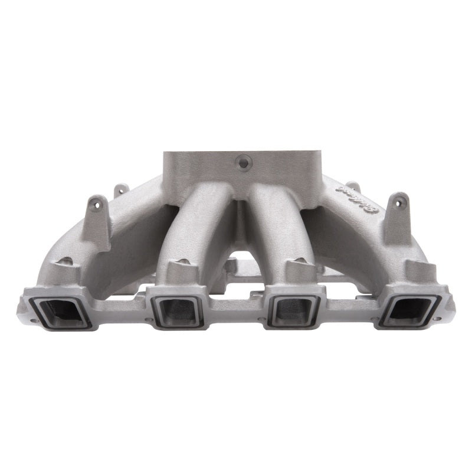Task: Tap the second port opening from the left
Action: pyautogui.click(x=178, y=310)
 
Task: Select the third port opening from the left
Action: pyautogui.click(x=294, y=310)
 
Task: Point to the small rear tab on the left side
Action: pyautogui.click(x=121, y=190)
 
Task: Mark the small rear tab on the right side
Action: pyautogui.click(x=353, y=186)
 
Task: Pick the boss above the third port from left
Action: pyautogui.click(x=299, y=271)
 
